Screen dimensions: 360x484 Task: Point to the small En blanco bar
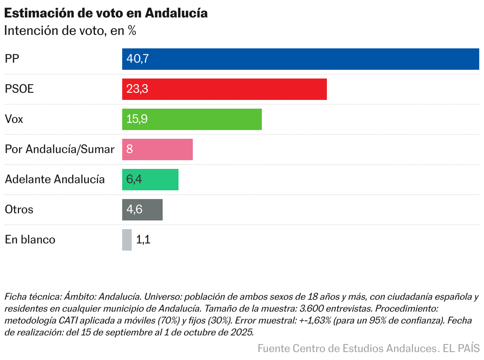127,240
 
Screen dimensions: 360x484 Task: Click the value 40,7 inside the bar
137,59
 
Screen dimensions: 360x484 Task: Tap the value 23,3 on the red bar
137,89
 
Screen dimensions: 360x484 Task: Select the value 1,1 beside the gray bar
143,240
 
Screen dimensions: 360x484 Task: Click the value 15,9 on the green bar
137,119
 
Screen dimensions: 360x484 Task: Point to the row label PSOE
19,89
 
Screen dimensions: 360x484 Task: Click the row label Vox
14,119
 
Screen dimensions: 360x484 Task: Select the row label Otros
19,210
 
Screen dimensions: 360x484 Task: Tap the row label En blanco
30,240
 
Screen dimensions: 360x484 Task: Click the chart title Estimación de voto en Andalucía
106,13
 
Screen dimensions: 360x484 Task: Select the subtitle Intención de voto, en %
70,31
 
